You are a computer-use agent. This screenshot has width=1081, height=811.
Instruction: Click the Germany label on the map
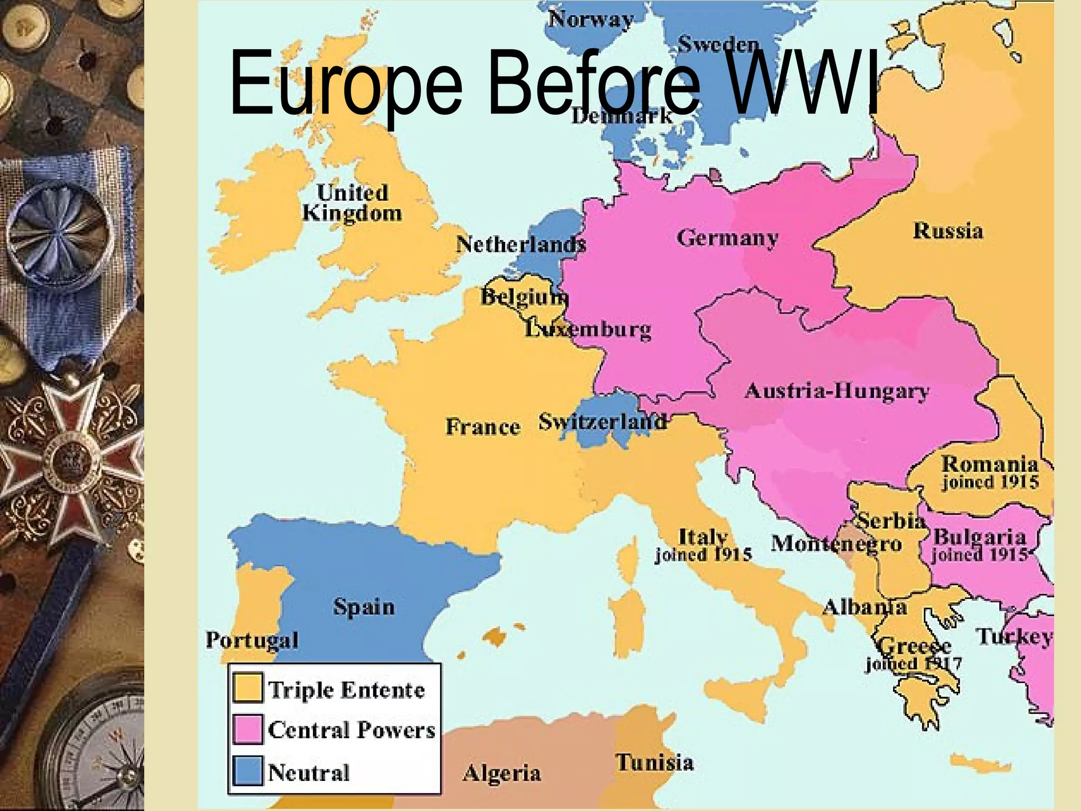tap(727, 238)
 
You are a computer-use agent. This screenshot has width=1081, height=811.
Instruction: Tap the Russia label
tap(948, 231)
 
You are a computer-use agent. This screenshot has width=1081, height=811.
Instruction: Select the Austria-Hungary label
tap(837, 391)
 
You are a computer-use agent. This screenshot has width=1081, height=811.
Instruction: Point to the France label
tap(482, 427)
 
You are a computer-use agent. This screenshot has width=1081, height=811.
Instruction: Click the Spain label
tap(364, 607)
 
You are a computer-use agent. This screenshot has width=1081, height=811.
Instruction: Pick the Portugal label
tap(252, 640)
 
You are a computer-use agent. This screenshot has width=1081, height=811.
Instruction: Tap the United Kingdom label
tap(352, 203)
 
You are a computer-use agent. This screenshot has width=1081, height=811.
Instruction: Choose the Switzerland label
tap(602, 422)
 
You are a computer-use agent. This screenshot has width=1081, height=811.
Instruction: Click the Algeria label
tap(501, 774)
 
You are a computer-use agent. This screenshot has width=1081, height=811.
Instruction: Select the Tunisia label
tap(655, 762)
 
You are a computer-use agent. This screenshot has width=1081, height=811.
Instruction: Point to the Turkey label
tap(1013, 637)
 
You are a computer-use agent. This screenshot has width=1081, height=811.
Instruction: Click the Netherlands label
tap(520, 244)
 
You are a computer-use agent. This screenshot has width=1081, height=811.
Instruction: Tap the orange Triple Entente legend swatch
tap(248, 687)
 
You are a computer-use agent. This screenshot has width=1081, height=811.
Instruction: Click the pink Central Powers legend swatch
tap(248, 729)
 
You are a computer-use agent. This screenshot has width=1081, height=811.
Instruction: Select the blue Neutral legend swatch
tap(248, 771)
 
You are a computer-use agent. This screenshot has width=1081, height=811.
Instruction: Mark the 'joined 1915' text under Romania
tap(990, 482)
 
